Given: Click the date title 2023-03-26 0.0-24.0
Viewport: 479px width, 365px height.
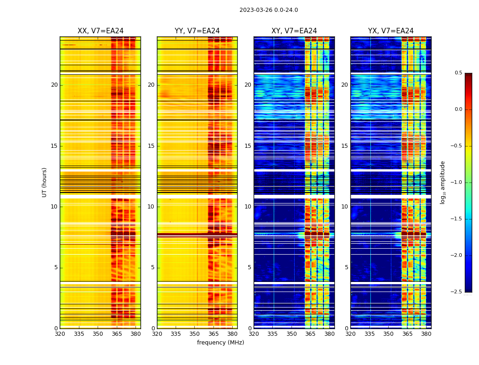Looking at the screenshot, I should (x=269, y=10).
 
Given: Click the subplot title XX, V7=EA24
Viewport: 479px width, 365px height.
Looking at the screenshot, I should (x=100, y=31).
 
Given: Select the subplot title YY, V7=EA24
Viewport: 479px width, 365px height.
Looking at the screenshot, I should (x=197, y=31).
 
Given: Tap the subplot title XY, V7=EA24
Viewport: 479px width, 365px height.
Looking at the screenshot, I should (x=294, y=31).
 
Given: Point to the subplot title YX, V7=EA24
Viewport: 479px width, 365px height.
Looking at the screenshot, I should (x=391, y=31).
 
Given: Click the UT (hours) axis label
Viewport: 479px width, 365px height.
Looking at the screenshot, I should (x=45, y=182).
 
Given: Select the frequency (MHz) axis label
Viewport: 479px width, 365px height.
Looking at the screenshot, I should (x=220, y=343).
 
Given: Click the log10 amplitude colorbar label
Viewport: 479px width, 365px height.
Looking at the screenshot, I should (x=443, y=182).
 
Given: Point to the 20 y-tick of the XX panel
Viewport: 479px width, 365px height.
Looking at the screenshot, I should (x=54, y=85).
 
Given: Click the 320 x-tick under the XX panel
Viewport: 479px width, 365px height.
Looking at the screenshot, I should (x=60, y=334).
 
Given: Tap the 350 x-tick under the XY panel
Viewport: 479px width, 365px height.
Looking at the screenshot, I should (x=292, y=334).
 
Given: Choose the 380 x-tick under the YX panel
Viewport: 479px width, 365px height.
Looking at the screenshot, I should (x=426, y=334).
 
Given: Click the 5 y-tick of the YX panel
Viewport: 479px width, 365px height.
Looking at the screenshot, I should (x=346, y=267).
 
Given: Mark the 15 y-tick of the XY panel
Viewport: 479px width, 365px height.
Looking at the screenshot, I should (x=248, y=146).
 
